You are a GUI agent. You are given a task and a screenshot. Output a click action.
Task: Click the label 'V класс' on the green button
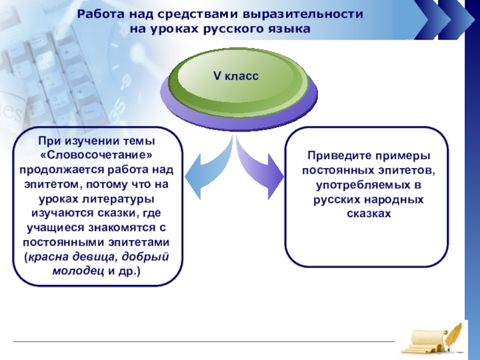click(236, 76)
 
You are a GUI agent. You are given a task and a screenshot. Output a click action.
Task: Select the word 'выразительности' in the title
click(312, 14)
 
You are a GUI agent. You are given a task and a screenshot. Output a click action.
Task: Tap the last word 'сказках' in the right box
click(367, 213)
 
